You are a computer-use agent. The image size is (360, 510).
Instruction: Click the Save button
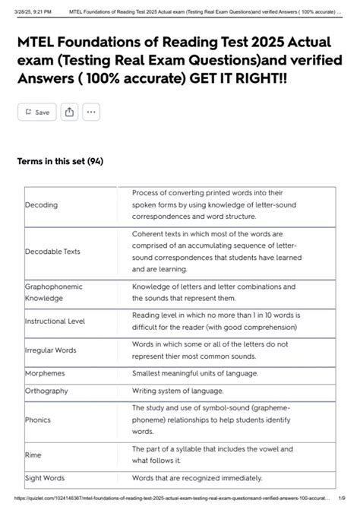tap(36, 112)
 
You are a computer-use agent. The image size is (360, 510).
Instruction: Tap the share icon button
tap(69, 112)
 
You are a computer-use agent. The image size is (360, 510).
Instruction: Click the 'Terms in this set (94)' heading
tap(60, 161)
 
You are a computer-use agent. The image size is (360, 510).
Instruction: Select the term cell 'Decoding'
tap(42, 205)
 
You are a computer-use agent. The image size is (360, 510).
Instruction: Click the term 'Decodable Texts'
tap(52, 251)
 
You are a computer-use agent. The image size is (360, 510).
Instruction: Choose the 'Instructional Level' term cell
tap(55, 321)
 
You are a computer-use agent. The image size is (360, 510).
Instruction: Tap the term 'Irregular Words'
tap(51, 350)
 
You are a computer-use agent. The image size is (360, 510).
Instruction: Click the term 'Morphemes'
tap(45, 374)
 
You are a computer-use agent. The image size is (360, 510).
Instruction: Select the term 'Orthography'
tap(47, 390)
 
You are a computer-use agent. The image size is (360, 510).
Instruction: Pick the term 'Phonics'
tap(37, 420)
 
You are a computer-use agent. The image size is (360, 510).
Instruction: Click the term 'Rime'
tap(33, 455)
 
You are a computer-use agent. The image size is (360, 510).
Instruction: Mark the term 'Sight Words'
tap(46, 478)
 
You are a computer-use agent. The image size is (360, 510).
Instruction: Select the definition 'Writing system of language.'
tap(178, 390)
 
